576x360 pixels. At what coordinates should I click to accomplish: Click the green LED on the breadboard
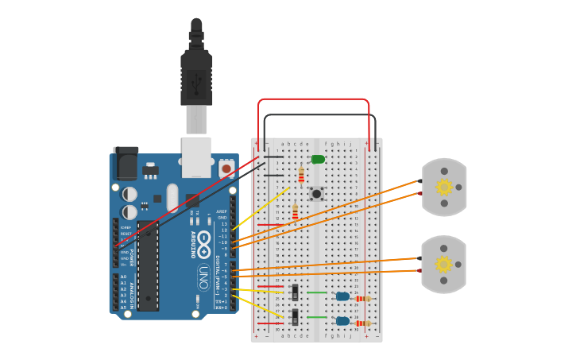click(318, 160)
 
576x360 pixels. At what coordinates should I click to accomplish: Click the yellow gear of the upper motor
click(444, 188)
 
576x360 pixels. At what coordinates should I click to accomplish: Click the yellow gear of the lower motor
click(444, 264)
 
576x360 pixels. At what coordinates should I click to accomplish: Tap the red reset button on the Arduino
click(226, 168)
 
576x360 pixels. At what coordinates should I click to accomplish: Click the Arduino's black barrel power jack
click(126, 163)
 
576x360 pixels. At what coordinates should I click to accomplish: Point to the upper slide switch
click(295, 292)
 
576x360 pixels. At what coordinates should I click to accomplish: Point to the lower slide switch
click(295, 317)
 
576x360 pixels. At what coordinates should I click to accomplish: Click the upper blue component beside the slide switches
click(342, 296)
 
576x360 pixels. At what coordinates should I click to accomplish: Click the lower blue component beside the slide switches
click(342, 321)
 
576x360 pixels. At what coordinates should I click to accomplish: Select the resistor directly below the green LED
click(301, 175)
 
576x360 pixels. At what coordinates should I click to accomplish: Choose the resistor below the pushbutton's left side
click(295, 212)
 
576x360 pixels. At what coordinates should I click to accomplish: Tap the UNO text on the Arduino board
click(203, 277)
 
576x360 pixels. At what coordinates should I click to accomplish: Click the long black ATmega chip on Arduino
click(147, 266)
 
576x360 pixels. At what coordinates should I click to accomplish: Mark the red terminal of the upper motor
click(419, 193)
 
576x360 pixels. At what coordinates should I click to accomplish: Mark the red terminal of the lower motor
click(419, 270)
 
